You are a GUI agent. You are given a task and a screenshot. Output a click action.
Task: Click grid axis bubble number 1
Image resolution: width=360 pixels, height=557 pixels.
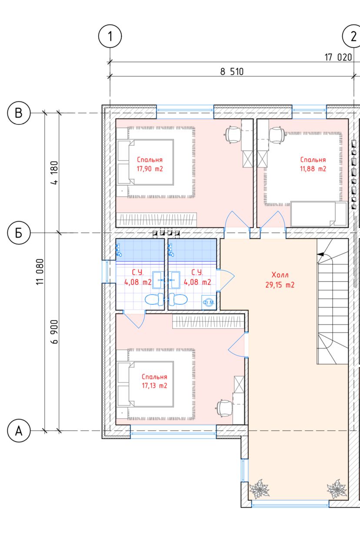point(110,36)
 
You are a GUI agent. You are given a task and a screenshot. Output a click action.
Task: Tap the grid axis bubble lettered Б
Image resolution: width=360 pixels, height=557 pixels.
point(19,233)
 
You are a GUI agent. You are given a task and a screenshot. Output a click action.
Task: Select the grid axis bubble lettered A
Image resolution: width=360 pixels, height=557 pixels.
point(19,430)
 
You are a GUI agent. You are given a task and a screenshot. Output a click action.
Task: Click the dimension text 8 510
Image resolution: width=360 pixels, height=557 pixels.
point(232,72)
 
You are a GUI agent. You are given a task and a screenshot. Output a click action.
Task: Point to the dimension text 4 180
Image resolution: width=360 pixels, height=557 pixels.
point(54,173)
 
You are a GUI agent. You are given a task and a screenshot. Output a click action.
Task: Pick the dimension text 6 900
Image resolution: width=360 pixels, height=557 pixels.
point(54,332)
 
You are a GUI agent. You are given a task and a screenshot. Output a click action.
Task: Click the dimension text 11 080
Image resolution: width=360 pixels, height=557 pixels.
point(40,272)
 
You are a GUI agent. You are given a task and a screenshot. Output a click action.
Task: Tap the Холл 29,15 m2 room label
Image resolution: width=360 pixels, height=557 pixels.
point(280,280)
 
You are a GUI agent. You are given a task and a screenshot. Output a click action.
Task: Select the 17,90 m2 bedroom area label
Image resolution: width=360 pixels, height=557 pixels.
point(150,169)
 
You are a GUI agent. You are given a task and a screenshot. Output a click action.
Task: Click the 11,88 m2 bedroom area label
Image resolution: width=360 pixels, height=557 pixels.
point(313,169)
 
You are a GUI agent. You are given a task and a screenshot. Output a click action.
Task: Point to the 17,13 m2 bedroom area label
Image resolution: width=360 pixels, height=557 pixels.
point(154,386)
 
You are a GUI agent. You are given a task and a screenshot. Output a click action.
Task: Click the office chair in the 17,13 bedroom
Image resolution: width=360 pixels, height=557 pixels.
point(225,408)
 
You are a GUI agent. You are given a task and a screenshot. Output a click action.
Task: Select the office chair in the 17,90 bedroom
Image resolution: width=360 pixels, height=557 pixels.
point(233,134)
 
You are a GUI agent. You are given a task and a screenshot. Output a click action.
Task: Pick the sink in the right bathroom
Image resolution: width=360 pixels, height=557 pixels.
point(175,280)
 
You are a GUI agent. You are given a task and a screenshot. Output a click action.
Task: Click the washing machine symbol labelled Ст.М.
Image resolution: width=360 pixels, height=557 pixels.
point(208,302)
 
